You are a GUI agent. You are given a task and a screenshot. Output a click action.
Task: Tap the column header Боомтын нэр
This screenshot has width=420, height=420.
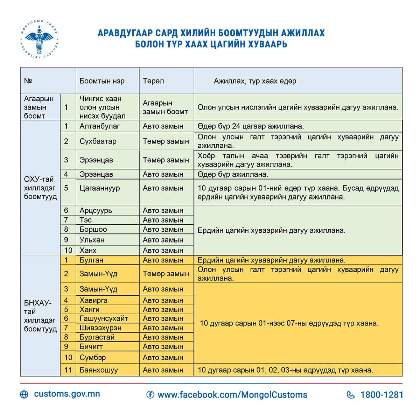[x=102, y=81]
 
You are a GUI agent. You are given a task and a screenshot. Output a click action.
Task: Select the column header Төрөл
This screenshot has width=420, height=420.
[x=153, y=81]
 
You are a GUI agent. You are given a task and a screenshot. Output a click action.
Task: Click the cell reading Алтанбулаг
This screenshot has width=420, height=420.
[x=100, y=126]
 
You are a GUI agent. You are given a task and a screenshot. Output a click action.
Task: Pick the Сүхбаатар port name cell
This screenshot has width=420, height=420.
[x=98, y=141]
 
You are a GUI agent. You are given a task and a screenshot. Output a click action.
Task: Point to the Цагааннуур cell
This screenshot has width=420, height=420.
[x=100, y=188]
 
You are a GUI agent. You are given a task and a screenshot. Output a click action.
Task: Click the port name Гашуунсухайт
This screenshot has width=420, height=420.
[x=104, y=318]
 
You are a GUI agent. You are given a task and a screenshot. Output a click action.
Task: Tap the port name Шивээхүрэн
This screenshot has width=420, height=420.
[x=100, y=328]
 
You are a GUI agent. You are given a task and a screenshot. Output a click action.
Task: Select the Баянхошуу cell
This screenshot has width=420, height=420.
[x=99, y=370]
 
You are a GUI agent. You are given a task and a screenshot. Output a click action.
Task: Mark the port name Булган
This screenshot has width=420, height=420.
[x=91, y=260]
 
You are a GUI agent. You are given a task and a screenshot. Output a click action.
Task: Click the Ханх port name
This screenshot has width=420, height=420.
[x=88, y=250]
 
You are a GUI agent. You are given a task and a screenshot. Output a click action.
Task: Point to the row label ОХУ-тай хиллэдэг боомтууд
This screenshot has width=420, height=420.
[x=40, y=188]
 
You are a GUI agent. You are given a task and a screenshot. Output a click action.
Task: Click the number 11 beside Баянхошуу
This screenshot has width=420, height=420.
[x=68, y=370]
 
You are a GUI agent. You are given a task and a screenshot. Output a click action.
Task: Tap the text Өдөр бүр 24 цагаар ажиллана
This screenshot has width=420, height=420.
[x=251, y=126]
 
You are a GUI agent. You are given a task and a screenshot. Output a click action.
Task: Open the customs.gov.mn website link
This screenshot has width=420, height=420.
[x=67, y=394]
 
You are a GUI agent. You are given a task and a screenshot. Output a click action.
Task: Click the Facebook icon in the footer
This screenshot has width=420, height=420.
[x=150, y=395]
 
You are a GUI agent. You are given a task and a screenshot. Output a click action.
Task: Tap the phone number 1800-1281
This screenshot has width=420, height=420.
[x=382, y=395]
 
